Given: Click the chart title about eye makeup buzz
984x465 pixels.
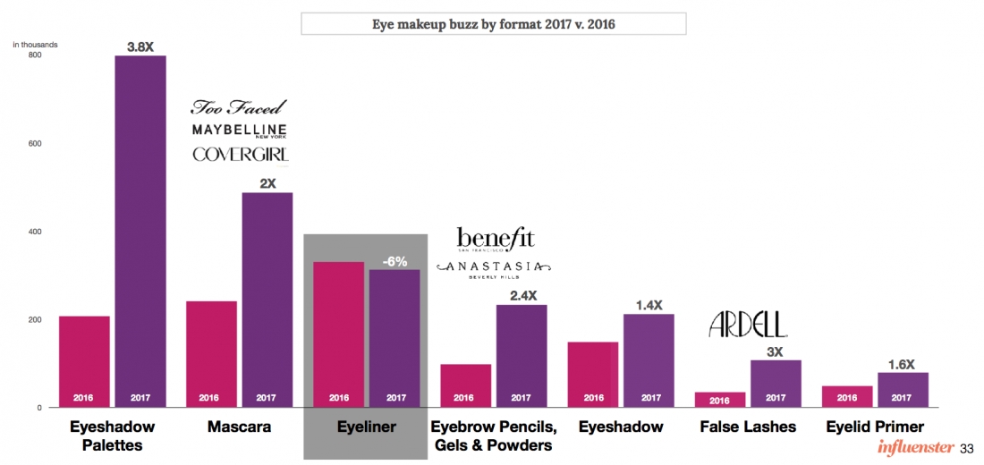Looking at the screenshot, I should [x=493, y=23].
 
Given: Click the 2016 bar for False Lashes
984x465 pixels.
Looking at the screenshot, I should [x=719, y=399].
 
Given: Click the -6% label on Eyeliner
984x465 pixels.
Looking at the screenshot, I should [x=394, y=261].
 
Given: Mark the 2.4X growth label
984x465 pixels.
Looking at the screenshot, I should [x=522, y=296].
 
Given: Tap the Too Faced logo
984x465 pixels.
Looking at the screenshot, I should [x=239, y=107].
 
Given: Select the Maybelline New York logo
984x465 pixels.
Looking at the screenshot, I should [x=240, y=131].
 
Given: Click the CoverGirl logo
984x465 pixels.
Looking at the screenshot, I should [x=240, y=155].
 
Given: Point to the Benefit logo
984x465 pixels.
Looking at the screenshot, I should [x=495, y=239].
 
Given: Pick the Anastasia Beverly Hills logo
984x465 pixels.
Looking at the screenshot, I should [x=494, y=268].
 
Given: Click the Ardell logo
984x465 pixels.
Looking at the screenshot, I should [x=748, y=325].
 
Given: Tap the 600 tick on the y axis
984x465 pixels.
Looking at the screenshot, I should [x=35, y=143].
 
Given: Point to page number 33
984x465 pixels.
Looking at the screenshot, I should [x=966, y=447].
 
